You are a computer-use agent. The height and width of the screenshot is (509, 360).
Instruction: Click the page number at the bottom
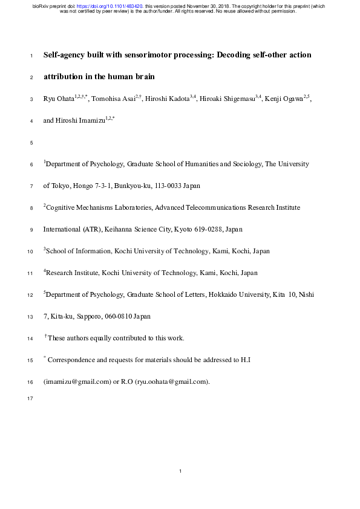[x=180, y=471]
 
